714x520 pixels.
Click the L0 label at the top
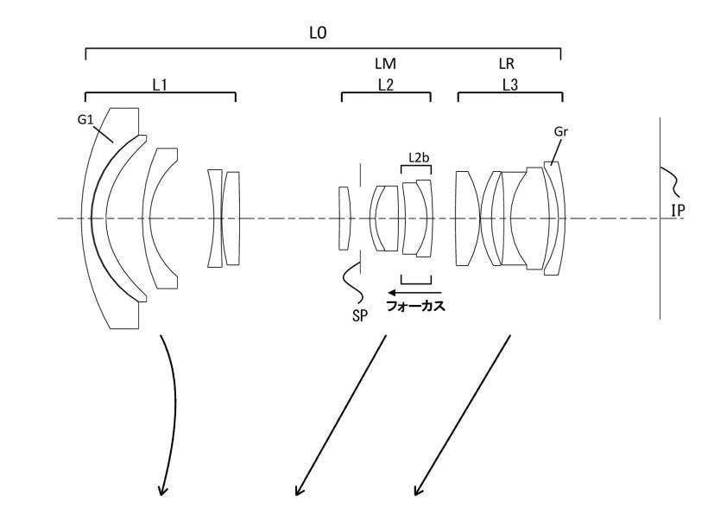[x=318, y=33]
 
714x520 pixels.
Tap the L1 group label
[x=160, y=85]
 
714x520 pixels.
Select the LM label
[x=385, y=64]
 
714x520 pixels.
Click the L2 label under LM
[x=385, y=85]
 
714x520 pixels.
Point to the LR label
[x=506, y=64]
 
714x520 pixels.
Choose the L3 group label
[x=510, y=85]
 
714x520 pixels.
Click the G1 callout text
[x=85, y=119]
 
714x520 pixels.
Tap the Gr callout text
[x=561, y=131]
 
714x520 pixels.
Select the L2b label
[x=419, y=158]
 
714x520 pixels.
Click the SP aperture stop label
[x=360, y=316]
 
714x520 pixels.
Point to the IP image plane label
[x=678, y=210]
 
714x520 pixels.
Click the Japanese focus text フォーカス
[x=415, y=306]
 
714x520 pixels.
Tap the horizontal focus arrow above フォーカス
[x=414, y=292]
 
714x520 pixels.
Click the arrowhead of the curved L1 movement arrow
[x=162, y=491]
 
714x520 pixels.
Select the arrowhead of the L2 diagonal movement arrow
[x=298, y=491]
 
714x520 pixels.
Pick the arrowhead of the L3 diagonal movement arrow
[x=418, y=491]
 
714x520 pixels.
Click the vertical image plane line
[x=660, y=218]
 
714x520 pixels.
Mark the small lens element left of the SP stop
[x=344, y=219]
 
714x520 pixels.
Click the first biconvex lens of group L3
[x=468, y=219]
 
